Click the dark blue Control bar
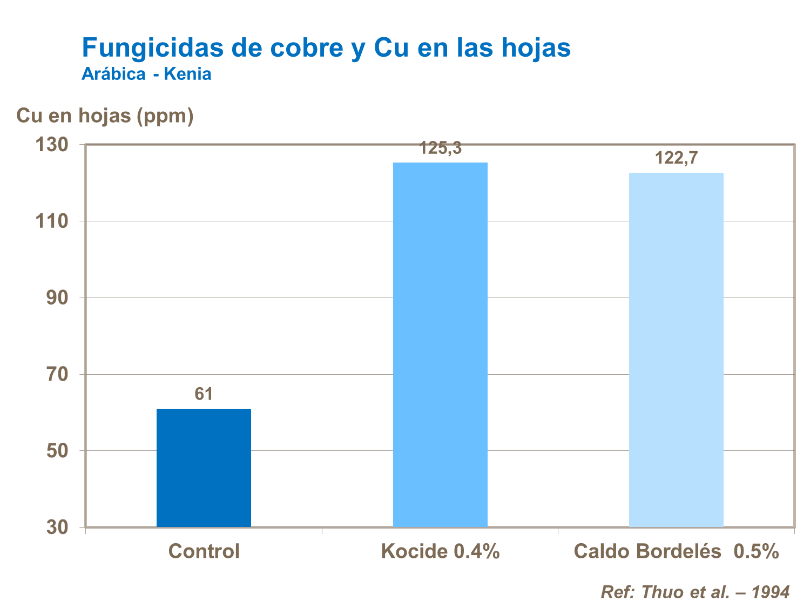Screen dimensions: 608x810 click(204, 468)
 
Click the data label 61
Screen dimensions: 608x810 click(204, 394)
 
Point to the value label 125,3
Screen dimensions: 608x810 click(441, 148)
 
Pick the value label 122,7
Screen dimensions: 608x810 click(676, 158)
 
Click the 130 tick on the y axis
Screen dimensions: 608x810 click(52, 145)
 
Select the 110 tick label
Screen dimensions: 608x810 click(52, 221)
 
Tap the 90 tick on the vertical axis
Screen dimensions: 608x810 click(57, 298)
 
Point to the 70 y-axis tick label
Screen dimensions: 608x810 click(57, 374)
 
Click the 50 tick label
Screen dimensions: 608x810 click(57, 451)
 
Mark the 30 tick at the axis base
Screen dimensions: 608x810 click(57, 527)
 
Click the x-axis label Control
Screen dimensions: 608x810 click(204, 551)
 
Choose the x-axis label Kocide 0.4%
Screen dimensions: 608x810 click(440, 551)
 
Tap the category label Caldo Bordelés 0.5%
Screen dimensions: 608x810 click(676, 551)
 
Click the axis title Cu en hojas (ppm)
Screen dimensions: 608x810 click(105, 116)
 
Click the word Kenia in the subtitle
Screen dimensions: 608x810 click(187, 74)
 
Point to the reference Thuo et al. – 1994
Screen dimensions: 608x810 click(695, 592)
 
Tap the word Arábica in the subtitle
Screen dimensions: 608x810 click(113, 74)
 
